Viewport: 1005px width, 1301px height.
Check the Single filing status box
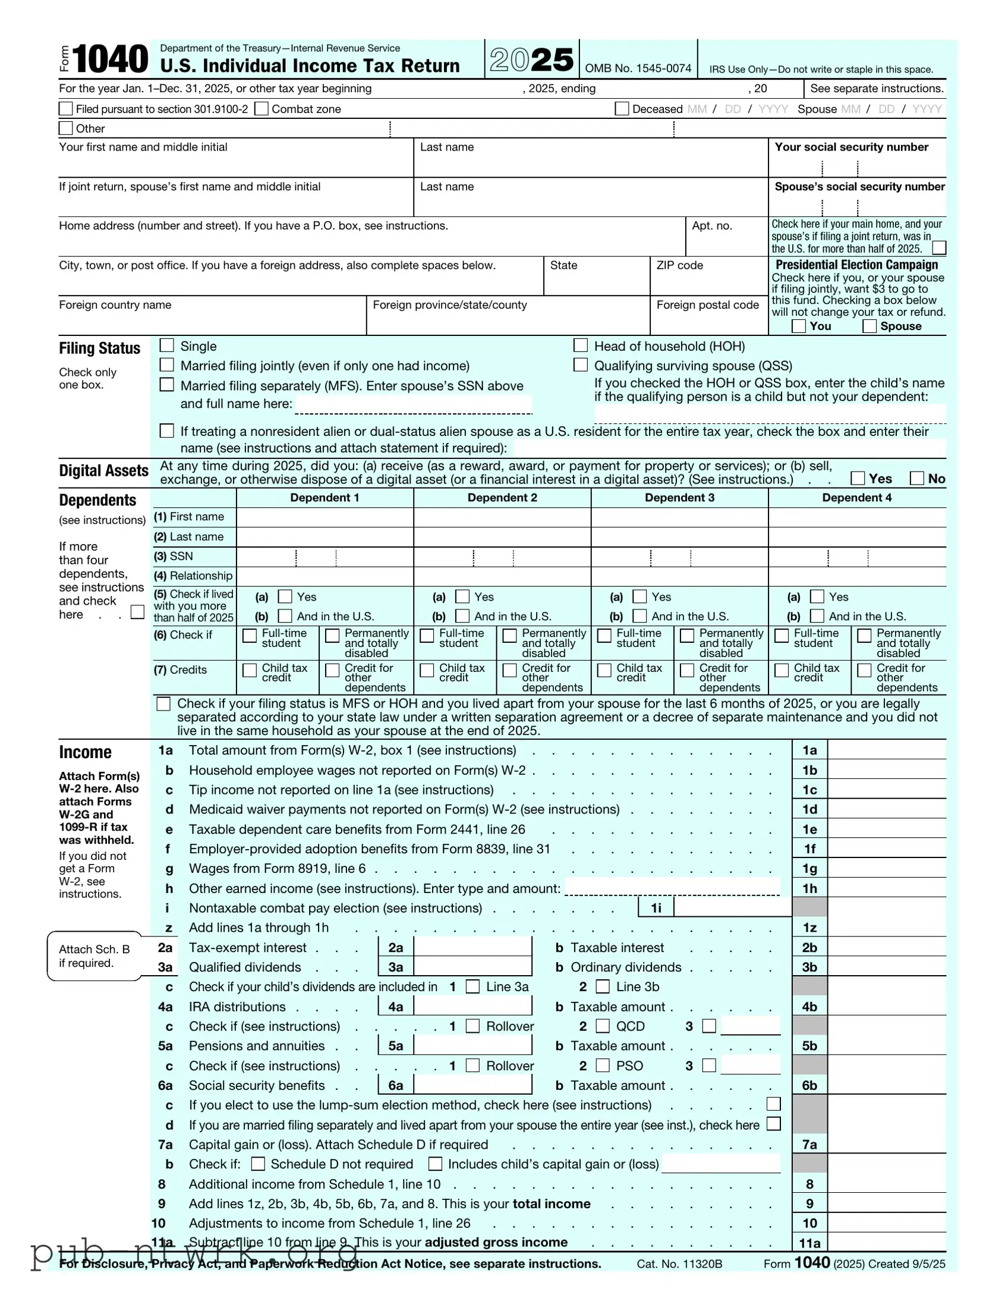coord(167,345)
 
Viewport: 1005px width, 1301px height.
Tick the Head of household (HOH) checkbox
coord(581,345)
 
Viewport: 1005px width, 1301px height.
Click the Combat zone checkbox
coord(261,108)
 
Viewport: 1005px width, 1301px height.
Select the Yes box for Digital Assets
coord(858,477)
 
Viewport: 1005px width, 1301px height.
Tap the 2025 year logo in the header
coord(532,59)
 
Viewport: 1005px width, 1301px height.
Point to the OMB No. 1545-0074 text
coord(638,68)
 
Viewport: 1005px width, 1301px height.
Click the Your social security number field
coord(857,168)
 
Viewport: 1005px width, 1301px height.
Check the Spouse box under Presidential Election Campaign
coord(869,326)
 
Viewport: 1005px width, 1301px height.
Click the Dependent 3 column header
coord(679,498)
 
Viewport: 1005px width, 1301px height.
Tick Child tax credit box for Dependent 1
coord(250,670)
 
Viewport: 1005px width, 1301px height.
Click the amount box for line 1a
coord(886,750)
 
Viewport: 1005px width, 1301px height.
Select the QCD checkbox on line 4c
coord(603,1026)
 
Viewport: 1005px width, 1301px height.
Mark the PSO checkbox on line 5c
coord(603,1065)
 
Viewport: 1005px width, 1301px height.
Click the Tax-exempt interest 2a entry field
coord(472,947)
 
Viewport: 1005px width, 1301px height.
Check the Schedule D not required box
coord(258,1164)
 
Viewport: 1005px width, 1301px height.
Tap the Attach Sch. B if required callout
coord(94,956)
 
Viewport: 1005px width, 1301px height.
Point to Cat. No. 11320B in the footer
coord(679,1264)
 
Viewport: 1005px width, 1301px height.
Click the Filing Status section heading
coord(99,348)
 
